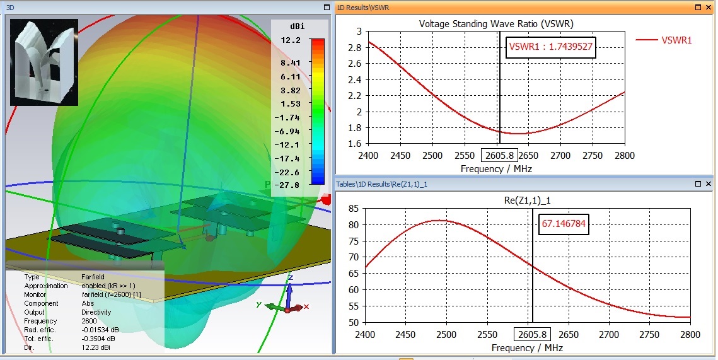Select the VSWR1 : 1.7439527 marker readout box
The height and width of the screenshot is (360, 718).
(x=551, y=47)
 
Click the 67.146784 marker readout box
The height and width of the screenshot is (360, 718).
(x=564, y=223)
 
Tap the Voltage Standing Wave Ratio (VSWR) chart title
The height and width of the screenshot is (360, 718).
(x=496, y=24)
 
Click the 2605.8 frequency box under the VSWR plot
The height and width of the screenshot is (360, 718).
(x=499, y=155)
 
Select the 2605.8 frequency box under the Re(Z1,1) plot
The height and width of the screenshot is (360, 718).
(x=531, y=335)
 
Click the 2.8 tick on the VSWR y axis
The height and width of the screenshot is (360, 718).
(x=356, y=48)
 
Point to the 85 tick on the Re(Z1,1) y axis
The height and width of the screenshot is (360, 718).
(x=354, y=209)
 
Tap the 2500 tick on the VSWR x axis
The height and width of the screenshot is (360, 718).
(x=432, y=156)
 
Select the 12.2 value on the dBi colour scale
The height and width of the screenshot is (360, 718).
(x=291, y=40)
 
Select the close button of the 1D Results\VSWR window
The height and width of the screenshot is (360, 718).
(x=708, y=8)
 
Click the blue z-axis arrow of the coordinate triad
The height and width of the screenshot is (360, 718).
(x=289, y=291)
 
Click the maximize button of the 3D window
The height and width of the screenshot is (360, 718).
(x=326, y=8)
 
